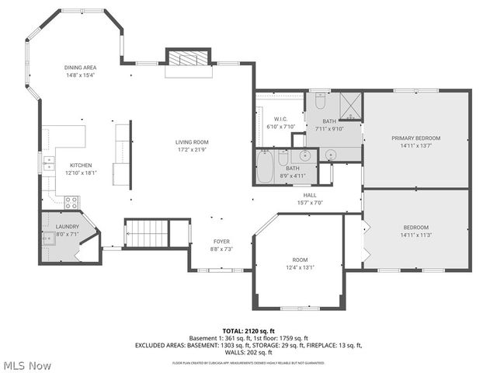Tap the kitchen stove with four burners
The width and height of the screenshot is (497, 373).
point(71,202)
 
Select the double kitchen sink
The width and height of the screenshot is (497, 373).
point(48,163)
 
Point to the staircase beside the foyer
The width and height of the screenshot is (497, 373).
point(148,232)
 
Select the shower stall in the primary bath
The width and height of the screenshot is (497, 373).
point(351,106)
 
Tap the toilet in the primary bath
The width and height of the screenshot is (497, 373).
point(320,101)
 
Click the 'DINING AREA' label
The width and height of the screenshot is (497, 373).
point(80,68)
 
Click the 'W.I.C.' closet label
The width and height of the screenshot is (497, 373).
point(281,119)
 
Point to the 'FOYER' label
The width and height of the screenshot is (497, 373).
point(221,242)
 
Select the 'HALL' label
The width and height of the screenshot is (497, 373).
point(310,195)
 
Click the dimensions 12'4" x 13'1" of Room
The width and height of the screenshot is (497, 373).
point(300,267)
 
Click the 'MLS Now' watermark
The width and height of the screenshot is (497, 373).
point(28,365)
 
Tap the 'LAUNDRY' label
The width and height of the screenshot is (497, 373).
point(68,226)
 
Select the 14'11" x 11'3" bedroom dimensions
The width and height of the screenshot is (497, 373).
point(415,235)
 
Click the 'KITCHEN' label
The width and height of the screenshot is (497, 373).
point(82,165)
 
